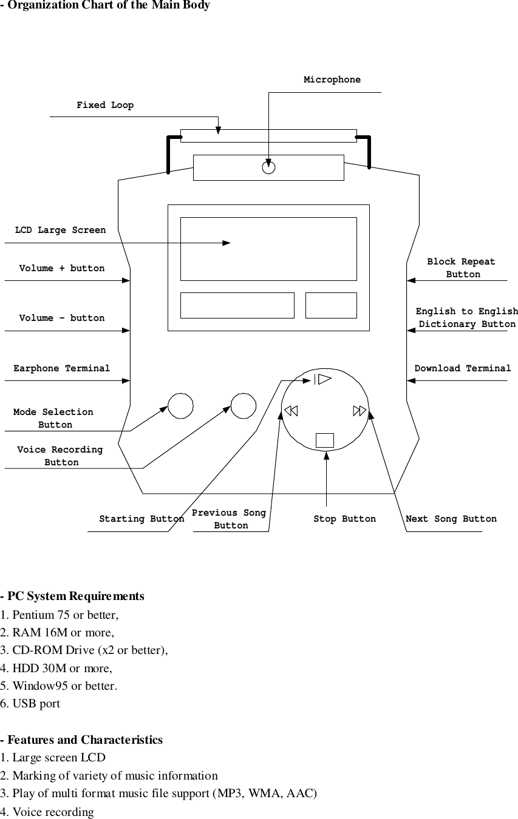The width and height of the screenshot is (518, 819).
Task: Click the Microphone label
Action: point(332,80)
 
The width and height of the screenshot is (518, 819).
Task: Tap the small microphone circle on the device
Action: point(269,167)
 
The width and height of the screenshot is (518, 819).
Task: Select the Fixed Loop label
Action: point(105,106)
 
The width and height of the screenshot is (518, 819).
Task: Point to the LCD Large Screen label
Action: point(60,231)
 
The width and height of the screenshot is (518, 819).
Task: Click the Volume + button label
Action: point(61,268)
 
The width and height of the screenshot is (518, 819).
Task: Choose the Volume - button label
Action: point(61,318)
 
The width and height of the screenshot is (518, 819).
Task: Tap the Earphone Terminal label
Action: point(62,368)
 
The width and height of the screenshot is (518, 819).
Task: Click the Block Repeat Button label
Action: point(462,268)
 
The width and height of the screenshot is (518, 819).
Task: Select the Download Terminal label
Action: point(463,368)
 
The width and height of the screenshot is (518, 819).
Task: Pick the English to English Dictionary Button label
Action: point(466,318)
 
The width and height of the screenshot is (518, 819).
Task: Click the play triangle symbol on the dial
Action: point(324,380)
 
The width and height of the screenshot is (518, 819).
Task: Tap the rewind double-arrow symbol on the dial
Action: point(291,411)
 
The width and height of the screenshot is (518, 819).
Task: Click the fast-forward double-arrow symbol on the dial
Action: point(360,411)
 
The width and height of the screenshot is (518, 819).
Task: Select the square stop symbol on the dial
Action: point(325,440)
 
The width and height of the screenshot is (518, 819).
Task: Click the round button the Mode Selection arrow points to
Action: point(180,406)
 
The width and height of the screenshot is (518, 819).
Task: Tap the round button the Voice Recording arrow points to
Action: point(244,406)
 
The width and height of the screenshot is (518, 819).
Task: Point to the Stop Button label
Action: point(344,519)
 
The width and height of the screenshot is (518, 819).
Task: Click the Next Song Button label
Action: point(451,519)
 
